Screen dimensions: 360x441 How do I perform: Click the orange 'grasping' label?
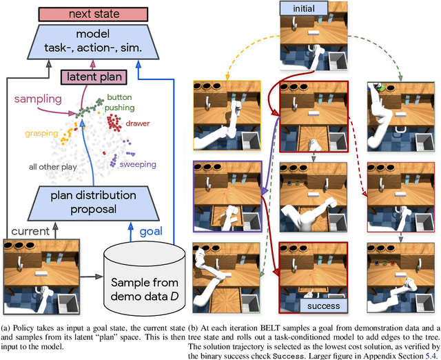tap(41, 132)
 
